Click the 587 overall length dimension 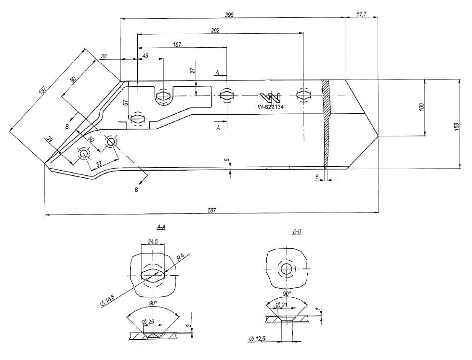point(211,210)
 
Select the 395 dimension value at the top point(229,15)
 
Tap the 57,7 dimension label point(362,15)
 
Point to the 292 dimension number point(215,30)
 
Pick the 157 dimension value point(177,44)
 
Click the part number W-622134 point(271,107)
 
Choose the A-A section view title point(161,227)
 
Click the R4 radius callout point(181,258)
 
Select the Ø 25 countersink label point(148,321)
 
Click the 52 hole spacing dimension point(99,164)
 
